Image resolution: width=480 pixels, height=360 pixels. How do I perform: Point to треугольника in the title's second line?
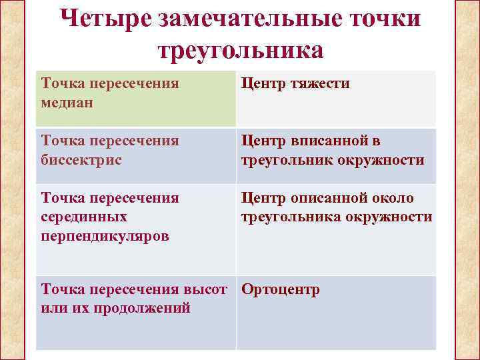240,51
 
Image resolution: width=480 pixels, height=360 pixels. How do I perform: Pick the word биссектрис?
81,160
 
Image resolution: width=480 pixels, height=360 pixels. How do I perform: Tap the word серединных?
81,217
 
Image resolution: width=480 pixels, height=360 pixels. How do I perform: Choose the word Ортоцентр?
281,290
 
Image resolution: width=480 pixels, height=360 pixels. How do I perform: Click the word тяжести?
320,84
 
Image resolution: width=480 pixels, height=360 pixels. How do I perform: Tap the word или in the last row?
52,308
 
